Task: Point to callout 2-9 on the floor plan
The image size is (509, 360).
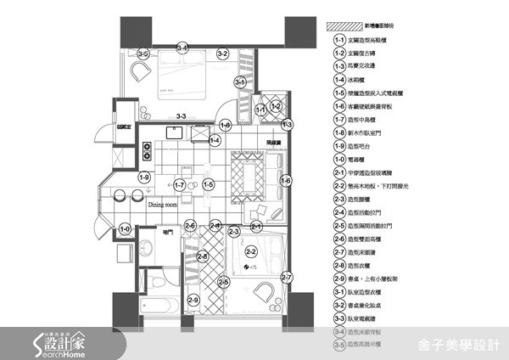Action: tap(193, 299)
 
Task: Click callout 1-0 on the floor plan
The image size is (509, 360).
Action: tap(126, 228)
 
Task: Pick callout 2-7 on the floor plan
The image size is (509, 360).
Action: tap(286, 278)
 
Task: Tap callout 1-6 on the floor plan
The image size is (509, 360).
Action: tap(285, 180)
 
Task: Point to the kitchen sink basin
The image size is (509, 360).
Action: tap(177, 132)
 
